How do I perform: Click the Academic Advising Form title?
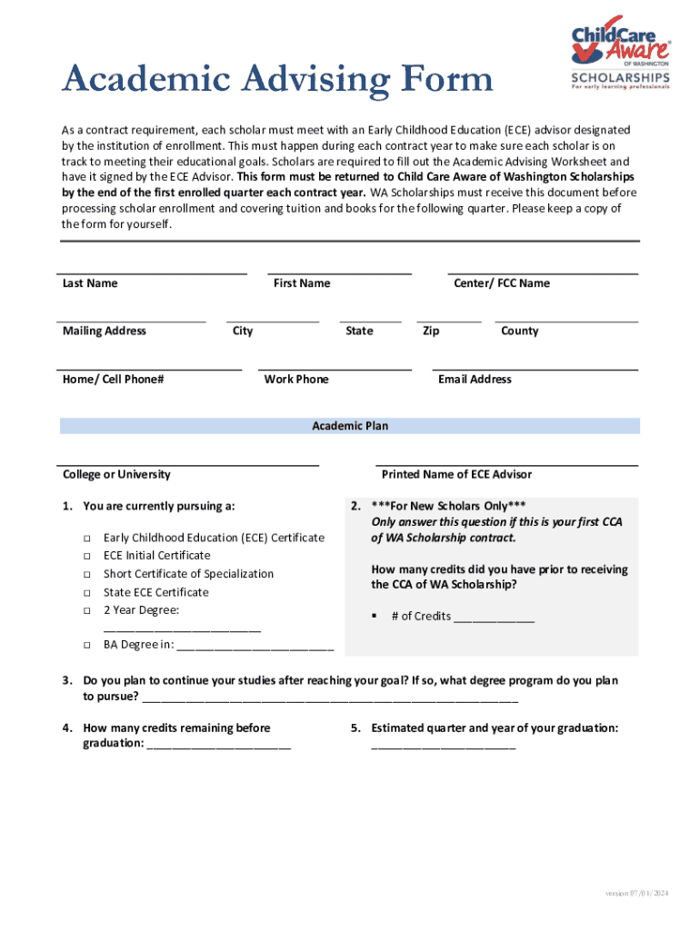[277, 81]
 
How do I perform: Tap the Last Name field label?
[90, 283]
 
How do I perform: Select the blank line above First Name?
[339, 272]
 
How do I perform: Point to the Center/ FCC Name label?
[502, 283]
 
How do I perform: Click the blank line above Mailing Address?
[131, 321]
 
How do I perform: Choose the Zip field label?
[431, 331]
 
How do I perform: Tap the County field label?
[519, 331]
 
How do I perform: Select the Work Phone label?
[296, 379]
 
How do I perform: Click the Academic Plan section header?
[350, 426]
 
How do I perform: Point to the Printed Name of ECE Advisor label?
[456, 474]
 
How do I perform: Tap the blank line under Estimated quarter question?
[443, 747]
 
